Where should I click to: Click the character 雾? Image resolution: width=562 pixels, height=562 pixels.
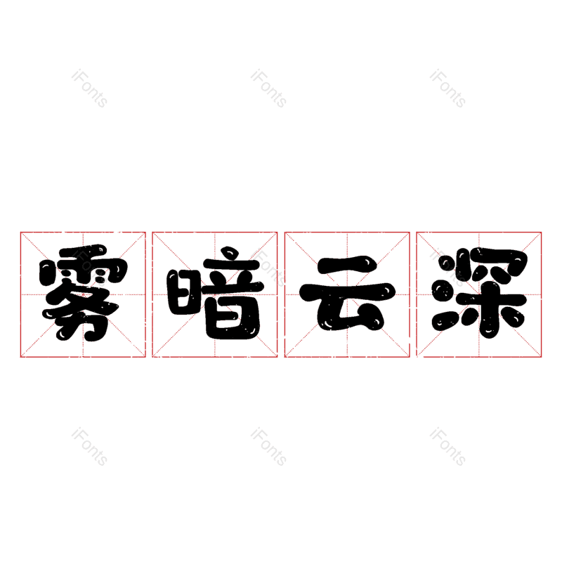point(83,294)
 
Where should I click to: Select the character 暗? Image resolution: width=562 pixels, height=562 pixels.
point(215,294)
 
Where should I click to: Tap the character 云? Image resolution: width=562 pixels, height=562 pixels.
point(347,294)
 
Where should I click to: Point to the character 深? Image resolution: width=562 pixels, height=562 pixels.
point(479,294)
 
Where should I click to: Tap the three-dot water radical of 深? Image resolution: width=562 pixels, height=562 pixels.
point(444,294)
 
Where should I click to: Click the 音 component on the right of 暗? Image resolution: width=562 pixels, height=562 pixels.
point(232,295)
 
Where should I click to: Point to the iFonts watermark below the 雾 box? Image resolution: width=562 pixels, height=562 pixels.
point(89,447)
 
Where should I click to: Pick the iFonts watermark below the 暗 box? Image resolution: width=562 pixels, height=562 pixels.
point(268,447)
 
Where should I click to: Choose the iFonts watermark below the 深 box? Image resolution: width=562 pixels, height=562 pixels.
point(447,447)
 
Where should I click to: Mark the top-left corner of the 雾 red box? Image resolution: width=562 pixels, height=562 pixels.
point(20,232)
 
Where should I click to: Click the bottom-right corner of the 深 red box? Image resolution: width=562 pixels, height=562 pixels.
point(542,357)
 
